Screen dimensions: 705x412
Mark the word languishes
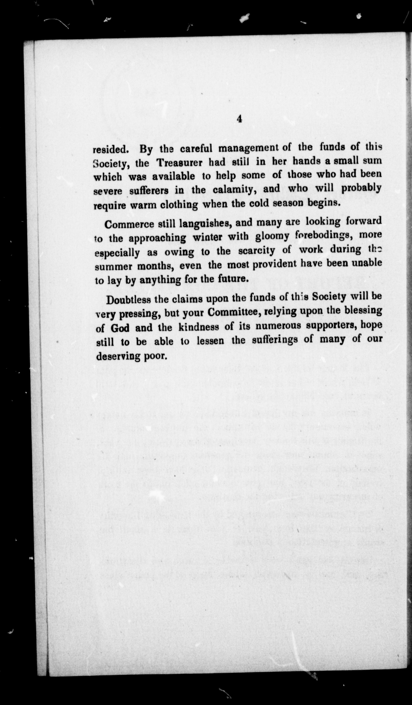click(x=204, y=223)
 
